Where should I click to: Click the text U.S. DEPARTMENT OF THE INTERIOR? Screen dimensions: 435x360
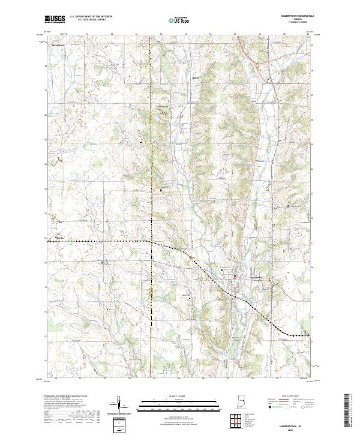pos(91,17)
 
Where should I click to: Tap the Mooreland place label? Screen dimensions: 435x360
pos(58,46)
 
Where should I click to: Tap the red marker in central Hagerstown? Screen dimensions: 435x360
pos(235,277)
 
